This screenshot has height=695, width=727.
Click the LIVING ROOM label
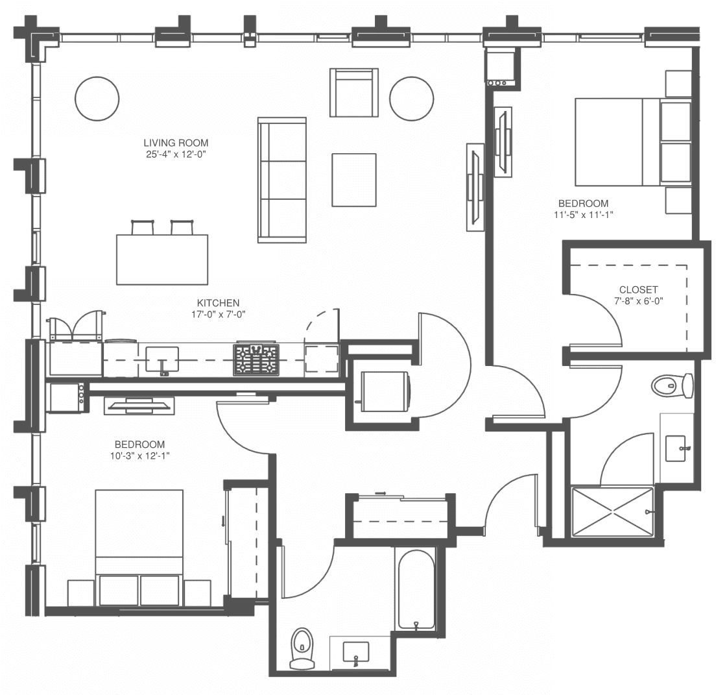(176, 143)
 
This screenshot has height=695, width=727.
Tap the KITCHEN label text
(219, 303)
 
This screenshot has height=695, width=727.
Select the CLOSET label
(638, 289)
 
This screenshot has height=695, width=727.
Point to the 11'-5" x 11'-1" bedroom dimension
(583, 215)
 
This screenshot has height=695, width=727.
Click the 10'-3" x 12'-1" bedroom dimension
(139, 456)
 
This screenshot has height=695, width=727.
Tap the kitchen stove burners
(256, 360)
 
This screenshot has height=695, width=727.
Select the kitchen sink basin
(162, 359)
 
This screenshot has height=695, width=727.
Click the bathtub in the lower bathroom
(416, 590)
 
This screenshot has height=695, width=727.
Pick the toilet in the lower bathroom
(302, 649)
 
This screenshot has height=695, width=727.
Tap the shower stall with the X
(612, 512)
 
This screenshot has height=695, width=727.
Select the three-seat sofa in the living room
(282, 180)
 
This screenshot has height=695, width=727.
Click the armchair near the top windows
(353, 92)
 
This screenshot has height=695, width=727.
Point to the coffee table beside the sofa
(353, 180)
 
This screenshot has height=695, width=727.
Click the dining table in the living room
(162, 260)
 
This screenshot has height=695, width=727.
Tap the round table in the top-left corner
(97, 99)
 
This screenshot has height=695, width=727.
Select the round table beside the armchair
(412, 99)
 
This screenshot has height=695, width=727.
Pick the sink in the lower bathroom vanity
(356, 652)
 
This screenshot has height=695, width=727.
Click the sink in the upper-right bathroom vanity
(676, 448)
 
